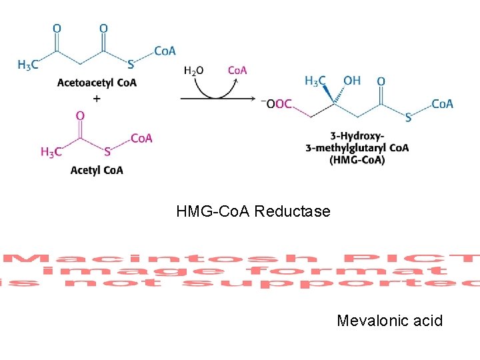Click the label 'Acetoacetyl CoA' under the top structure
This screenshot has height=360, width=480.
(x=97, y=83)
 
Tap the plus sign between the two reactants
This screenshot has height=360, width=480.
(x=97, y=99)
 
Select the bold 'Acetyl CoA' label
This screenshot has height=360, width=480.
(x=97, y=170)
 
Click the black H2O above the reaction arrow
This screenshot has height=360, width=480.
(x=193, y=71)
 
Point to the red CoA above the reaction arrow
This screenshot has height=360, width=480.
(x=237, y=70)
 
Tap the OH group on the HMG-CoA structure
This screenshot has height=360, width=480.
(x=351, y=81)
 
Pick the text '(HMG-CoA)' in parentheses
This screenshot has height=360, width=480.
(x=357, y=160)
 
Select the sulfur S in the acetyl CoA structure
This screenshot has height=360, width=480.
(x=107, y=152)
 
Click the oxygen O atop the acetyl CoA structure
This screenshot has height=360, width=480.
(x=80, y=116)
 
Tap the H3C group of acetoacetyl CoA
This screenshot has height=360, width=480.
(x=28, y=65)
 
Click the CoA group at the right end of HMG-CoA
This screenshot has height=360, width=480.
(x=442, y=103)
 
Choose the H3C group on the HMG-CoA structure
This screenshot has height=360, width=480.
(x=315, y=81)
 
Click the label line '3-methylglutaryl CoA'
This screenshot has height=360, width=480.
(x=357, y=148)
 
